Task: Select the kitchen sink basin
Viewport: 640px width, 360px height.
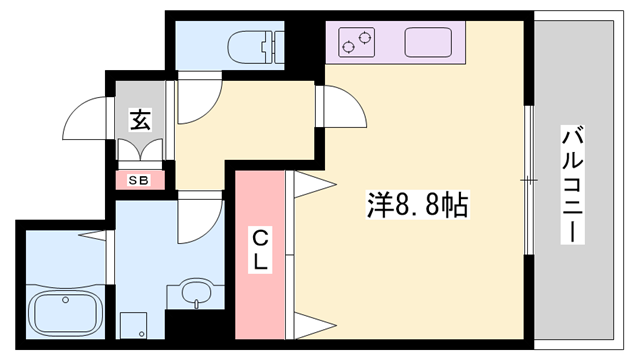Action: pyautogui.click(x=430, y=43)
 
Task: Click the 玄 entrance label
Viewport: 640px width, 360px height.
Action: pyautogui.click(x=139, y=120)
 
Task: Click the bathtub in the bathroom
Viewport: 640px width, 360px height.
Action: pyautogui.click(x=65, y=312)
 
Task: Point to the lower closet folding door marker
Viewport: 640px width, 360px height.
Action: pyautogui.click(x=311, y=326)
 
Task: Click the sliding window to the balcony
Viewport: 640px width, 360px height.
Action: pyautogui.click(x=527, y=180)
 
